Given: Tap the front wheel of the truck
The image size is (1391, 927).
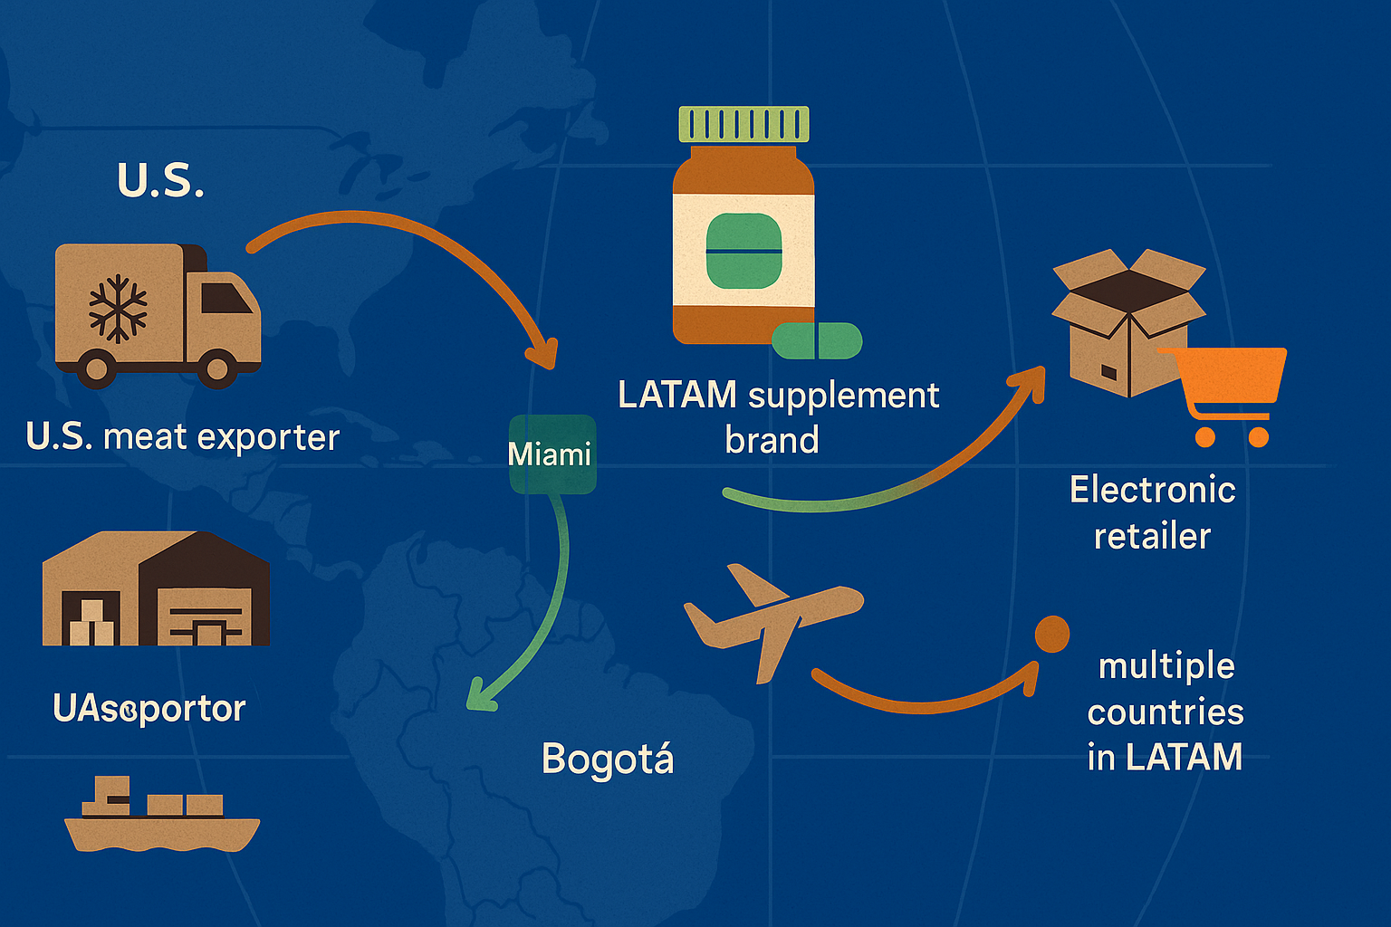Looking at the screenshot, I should pos(217,367).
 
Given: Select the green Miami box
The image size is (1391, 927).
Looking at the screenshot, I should pos(552,454).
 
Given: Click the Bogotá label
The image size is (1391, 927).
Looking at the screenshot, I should pos(608,759).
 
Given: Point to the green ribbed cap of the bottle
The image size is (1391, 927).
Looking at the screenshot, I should pos(743,124).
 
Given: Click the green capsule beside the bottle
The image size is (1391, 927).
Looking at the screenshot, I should pos(817,340).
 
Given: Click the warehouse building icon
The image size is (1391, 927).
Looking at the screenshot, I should pos(156,589).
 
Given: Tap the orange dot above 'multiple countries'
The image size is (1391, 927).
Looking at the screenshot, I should pos(1052,635).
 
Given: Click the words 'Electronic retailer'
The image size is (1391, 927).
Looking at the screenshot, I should pos(1152,512).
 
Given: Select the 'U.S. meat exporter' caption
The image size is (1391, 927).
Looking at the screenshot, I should pos(183,437).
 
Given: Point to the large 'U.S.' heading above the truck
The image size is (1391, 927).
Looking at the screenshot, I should pos(160,180).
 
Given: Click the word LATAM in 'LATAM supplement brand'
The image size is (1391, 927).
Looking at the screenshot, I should pos(677,395).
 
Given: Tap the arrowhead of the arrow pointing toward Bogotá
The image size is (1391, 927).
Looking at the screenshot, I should pos(477,698).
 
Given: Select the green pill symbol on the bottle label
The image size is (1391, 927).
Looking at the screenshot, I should pos(743,251).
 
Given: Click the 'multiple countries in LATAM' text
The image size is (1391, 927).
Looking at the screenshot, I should pos(1166,712).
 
